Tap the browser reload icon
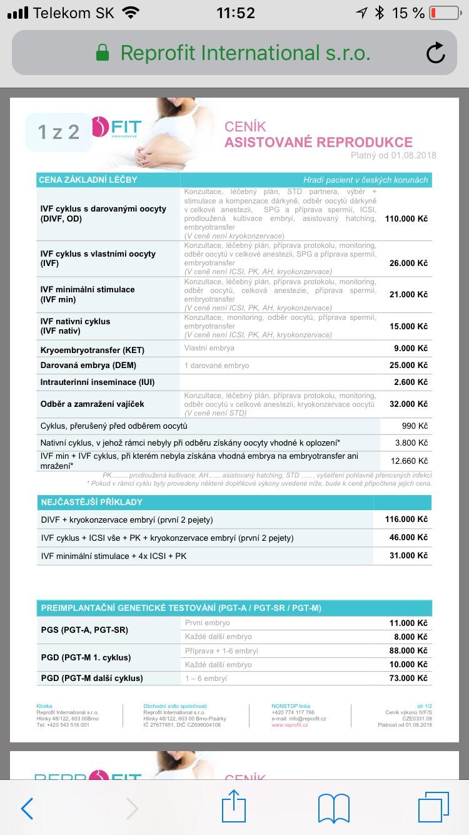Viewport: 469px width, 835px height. click(435, 53)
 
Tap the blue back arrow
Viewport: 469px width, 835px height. click(27, 808)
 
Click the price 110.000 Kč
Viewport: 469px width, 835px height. click(406, 219)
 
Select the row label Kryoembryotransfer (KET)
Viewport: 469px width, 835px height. click(93, 349)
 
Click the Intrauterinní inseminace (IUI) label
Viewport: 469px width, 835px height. click(97, 382)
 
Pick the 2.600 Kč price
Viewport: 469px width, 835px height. click(410, 382)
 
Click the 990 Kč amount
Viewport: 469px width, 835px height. click(415, 426)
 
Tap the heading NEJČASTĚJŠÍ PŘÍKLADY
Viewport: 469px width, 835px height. click(91, 502)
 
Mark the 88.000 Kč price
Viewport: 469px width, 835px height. click(408, 651)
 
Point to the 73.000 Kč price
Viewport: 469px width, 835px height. click(408, 678)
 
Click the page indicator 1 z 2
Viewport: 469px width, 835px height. click(58, 132)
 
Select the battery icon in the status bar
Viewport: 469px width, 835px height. click(444, 13)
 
